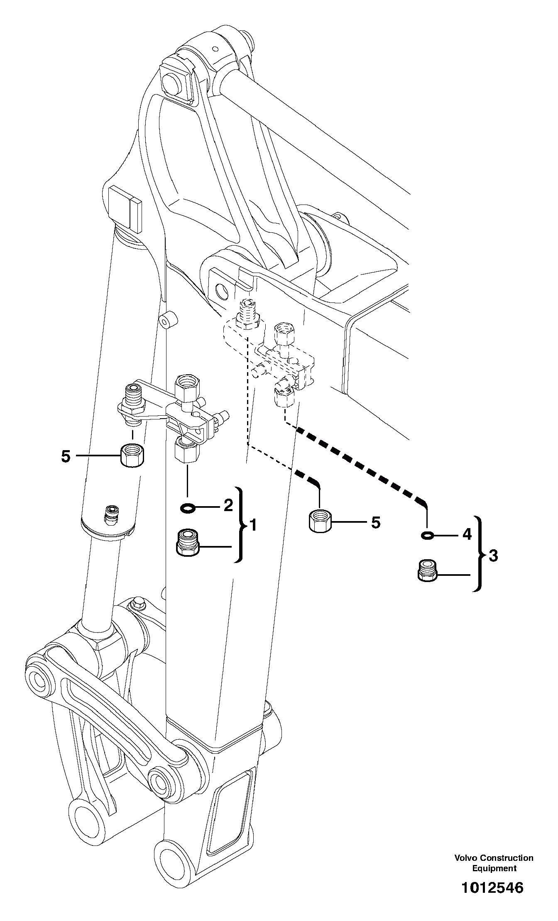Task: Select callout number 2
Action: pyautogui.click(x=228, y=505)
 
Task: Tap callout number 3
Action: pyautogui.click(x=493, y=556)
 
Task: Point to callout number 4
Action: pyautogui.click(x=467, y=534)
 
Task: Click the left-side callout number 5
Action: pyautogui.click(x=66, y=456)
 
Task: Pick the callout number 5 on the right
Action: pyautogui.click(x=375, y=523)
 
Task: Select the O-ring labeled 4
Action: pyautogui.click(x=427, y=536)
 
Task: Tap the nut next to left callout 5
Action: pyautogui.click(x=132, y=455)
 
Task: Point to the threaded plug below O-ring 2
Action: pyautogui.click(x=188, y=542)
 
